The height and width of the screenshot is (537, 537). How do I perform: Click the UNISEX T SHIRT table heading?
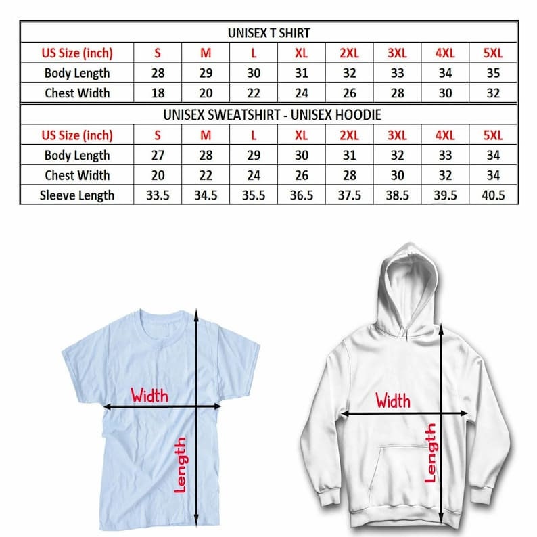[x=268, y=32]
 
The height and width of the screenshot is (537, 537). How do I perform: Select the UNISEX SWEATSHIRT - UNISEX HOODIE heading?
[x=268, y=114]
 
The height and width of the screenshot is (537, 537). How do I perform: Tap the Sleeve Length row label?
[x=76, y=195]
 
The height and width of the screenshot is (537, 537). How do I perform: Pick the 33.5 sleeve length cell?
[x=158, y=195]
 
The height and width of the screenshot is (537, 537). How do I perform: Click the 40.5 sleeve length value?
[x=493, y=195]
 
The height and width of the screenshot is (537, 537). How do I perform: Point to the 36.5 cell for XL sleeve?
[x=301, y=195]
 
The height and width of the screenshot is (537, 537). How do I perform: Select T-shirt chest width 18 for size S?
[x=158, y=93]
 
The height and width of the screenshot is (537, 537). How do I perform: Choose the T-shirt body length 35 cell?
[x=493, y=72]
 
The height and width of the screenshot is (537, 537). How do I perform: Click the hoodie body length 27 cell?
[x=158, y=155]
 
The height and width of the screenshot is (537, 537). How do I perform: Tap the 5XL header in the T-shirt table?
[x=493, y=53]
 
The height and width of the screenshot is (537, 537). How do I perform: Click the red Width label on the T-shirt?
[x=149, y=394]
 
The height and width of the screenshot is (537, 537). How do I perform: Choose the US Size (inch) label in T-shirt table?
[x=76, y=53]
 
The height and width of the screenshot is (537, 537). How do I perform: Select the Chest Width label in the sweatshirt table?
[x=76, y=175]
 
